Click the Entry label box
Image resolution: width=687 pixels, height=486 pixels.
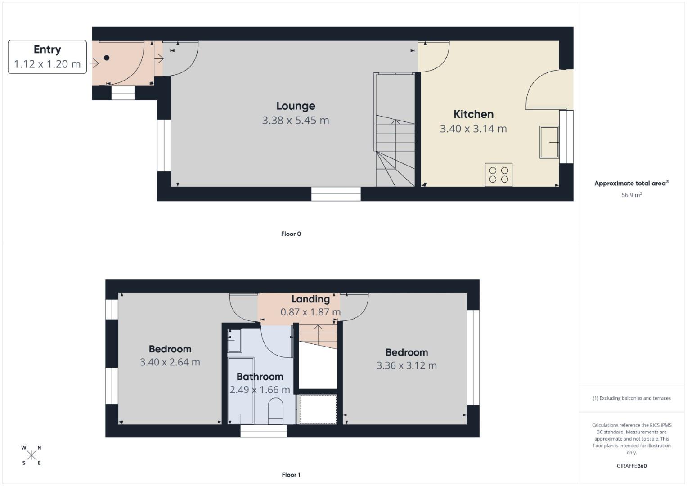coord(47,57)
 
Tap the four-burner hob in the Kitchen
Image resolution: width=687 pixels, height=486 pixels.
coord(498,175)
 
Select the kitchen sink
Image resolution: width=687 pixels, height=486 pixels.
coord(549,142)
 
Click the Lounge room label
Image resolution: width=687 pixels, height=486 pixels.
coord(296,106)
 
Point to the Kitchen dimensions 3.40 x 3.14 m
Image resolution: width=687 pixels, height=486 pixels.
coord(473,129)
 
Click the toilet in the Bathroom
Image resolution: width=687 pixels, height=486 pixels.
coord(275,411)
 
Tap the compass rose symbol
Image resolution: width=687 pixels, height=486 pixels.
coord(31,455)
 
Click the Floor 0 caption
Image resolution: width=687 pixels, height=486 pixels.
coord(291,234)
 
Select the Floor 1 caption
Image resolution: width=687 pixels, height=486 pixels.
coord(291,475)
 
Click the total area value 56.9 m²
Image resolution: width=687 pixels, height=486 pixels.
coord(631,195)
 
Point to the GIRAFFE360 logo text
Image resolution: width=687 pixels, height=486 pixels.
coord(632,466)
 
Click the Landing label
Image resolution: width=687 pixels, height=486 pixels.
coord(310,299)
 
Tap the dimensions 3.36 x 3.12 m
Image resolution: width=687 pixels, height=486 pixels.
coord(406,365)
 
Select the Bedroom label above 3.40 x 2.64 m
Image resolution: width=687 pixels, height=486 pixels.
coord(170,349)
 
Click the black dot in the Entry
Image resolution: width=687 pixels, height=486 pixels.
coord(107,58)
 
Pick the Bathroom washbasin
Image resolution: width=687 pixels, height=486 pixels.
coord(234,341)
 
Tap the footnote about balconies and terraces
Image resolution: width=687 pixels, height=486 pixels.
coord(632,398)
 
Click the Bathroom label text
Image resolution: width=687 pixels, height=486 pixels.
coord(260,377)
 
